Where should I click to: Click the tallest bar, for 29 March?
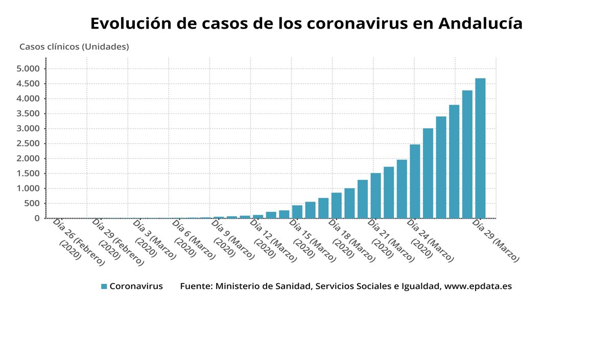point(480,148)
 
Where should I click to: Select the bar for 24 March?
point(415,181)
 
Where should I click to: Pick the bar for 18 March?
point(336,205)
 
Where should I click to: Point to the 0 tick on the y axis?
point(37,219)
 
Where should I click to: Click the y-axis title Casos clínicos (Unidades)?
point(74,46)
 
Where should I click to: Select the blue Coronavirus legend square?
point(104,286)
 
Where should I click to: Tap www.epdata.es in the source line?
point(478,286)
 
